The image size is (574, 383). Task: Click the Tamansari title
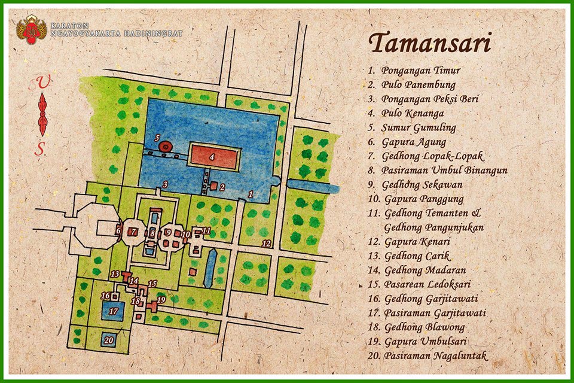click(429, 44)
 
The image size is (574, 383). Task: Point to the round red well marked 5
click(165, 146)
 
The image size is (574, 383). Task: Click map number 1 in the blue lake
click(251, 193)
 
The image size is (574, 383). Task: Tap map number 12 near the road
click(267, 243)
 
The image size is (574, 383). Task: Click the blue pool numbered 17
click(113, 311)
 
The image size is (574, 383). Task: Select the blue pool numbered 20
click(108, 340)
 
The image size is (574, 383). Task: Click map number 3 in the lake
click(164, 184)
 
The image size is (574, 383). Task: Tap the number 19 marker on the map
click(160, 299)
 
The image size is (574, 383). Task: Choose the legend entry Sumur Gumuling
click(419, 127)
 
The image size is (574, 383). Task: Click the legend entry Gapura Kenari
click(417, 242)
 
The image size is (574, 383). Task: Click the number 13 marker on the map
click(115, 273)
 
